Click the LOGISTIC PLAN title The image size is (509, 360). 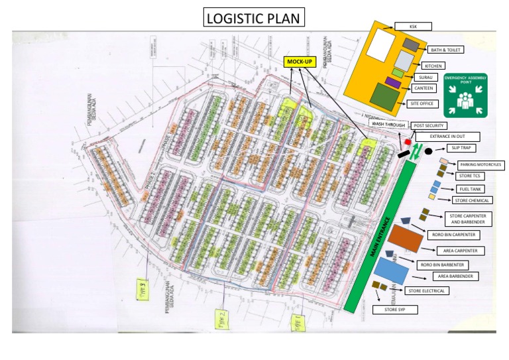pos(254,19)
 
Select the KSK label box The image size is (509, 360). pos(413,26)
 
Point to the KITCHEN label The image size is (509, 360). pos(434,66)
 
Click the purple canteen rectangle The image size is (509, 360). pos(392,84)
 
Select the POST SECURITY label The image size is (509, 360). pos(428,125)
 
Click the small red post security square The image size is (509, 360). pos(408,142)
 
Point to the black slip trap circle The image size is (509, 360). pos(429,151)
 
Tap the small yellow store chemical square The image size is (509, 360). pos(431,197)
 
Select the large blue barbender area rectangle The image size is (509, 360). pos(391,272)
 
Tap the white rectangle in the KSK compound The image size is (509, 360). pos(380,44)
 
